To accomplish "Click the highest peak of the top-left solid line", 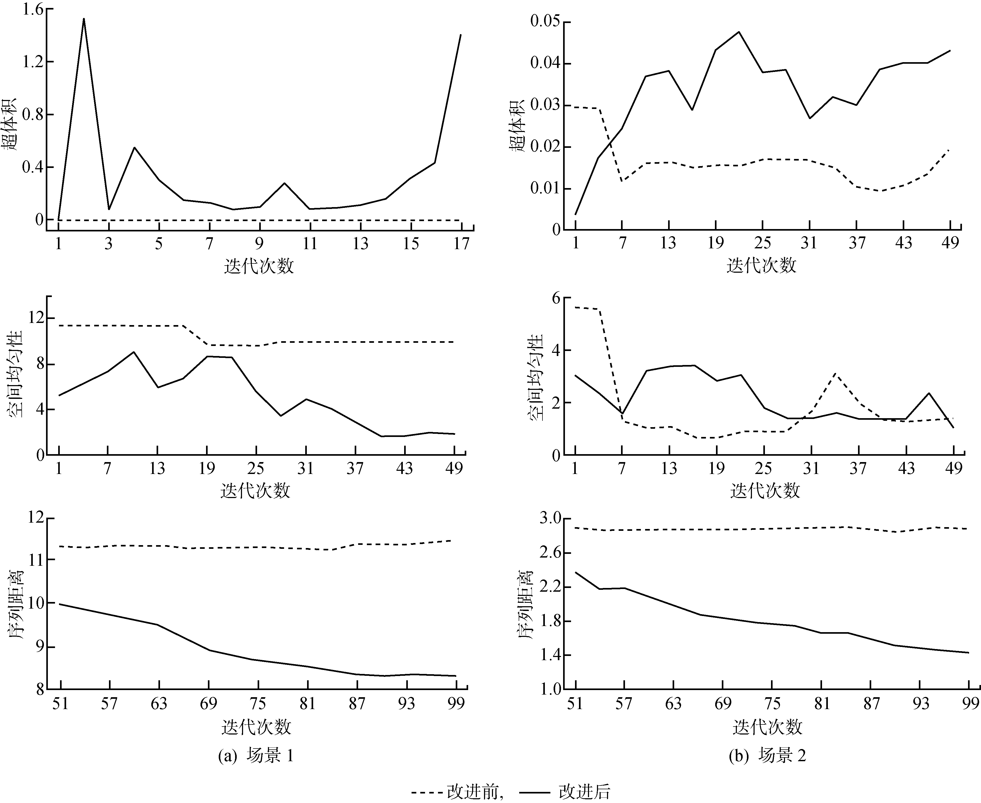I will (84, 19).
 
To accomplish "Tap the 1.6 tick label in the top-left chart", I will (32, 9).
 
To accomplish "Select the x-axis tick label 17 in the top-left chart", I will (461, 244).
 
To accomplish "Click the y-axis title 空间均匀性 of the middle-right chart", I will (536, 377).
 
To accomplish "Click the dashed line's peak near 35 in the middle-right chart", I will (835, 373).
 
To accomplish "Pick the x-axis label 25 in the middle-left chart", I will (255, 469).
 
